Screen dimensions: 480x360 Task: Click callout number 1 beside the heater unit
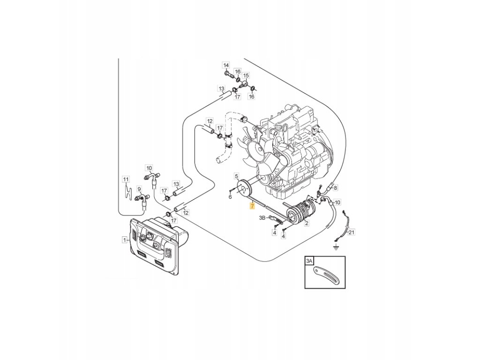pyautogui.click(x=125, y=240)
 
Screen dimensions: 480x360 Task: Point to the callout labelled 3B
pyautogui.click(x=262, y=217)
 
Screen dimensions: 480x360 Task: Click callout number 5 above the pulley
pyautogui.click(x=236, y=175)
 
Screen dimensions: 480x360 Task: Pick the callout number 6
pyautogui.click(x=230, y=197)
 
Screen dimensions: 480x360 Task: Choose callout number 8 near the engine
pyautogui.click(x=335, y=187)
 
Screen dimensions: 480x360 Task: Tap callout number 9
pyautogui.click(x=139, y=189)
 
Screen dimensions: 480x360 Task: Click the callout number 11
pyautogui.click(x=125, y=179)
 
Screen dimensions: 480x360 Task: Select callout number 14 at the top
pyautogui.click(x=225, y=65)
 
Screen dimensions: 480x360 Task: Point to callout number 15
pyautogui.click(x=246, y=75)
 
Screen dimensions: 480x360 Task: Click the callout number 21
pyautogui.click(x=352, y=232)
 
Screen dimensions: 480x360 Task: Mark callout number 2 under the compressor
pyautogui.click(x=307, y=224)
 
